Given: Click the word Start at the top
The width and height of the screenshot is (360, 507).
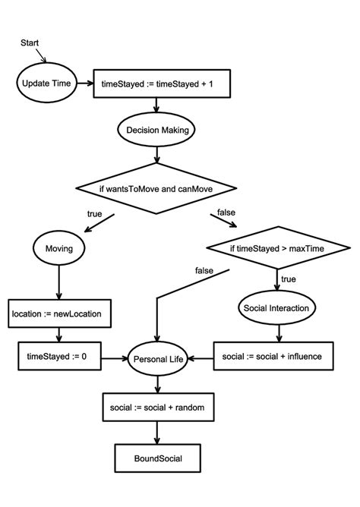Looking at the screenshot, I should [x=30, y=43].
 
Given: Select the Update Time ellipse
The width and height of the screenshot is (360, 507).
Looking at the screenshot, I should [x=46, y=83].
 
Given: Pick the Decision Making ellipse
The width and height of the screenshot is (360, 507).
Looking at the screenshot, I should [x=156, y=131].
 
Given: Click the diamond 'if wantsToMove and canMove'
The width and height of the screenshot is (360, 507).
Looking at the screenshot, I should [x=156, y=187].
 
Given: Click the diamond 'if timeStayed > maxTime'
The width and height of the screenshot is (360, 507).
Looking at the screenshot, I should [x=278, y=247].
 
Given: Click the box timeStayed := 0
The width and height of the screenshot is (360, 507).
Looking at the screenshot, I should [x=59, y=355].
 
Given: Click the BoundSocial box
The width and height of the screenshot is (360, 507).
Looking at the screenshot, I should [x=156, y=458].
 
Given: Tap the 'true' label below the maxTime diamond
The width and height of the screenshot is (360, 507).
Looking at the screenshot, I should [x=289, y=279].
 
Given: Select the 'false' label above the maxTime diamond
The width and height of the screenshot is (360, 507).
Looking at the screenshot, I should [x=227, y=212].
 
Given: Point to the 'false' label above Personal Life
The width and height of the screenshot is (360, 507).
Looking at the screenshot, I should [x=203, y=270].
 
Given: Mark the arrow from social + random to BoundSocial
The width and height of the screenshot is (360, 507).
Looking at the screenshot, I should [x=156, y=433].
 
